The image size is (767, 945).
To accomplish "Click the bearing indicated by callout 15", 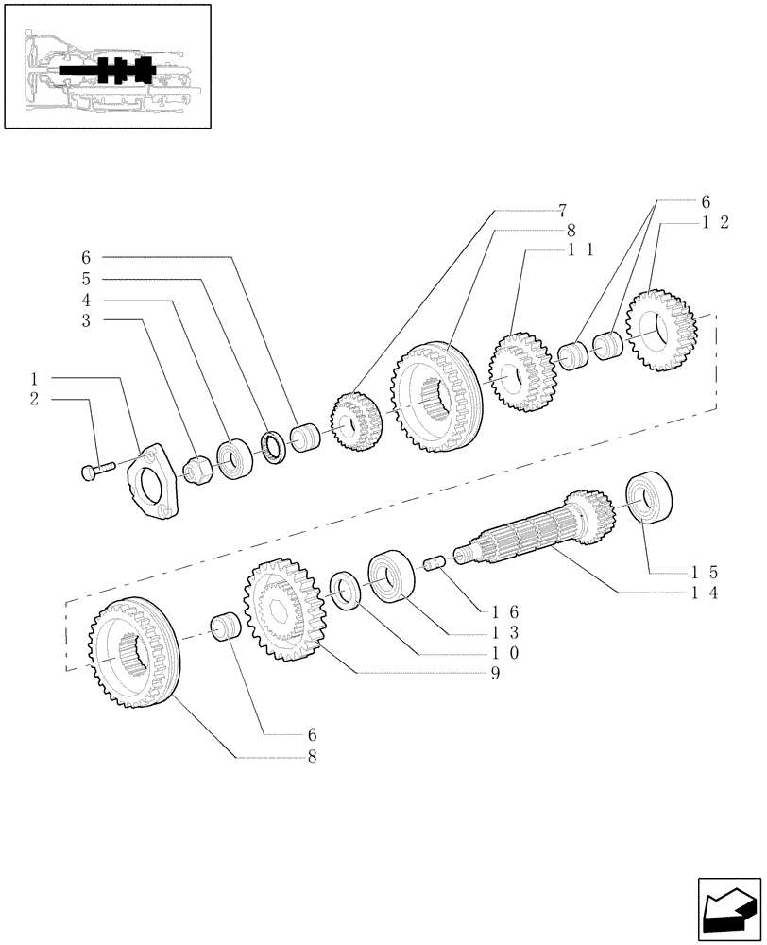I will point(649,495).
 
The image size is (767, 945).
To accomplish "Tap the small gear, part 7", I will point(354,422).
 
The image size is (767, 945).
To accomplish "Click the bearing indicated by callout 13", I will point(391,576).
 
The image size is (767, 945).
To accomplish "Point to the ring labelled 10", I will point(345,592).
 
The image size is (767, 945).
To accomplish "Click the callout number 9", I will point(494,673).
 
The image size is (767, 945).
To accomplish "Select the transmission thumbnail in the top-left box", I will point(106,66).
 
